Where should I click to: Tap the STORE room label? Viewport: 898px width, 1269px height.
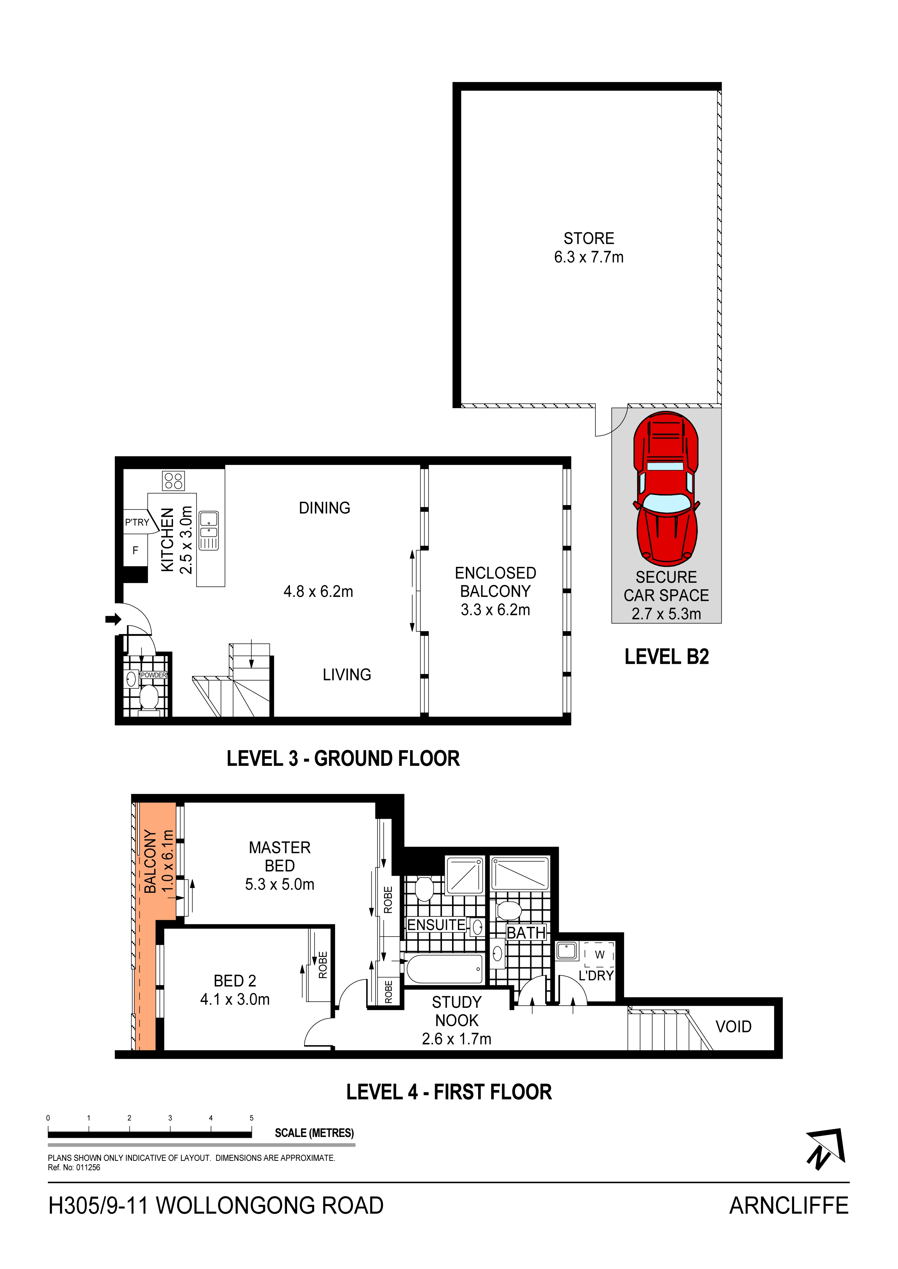click(x=589, y=238)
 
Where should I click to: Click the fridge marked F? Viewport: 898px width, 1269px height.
click(x=135, y=551)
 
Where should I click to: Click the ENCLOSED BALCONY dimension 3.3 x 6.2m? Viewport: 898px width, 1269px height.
click(x=496, y=610)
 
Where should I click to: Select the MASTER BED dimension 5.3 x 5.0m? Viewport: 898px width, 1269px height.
click(x=280, y=884)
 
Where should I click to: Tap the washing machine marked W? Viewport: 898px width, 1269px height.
click(x=599, y=955)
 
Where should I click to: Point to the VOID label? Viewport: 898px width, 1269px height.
click(x=734, y=1027)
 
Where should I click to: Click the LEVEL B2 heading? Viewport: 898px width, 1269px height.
click(x=667, y=657)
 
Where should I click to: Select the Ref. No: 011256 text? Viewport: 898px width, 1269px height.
click(x=74, y=1168)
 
